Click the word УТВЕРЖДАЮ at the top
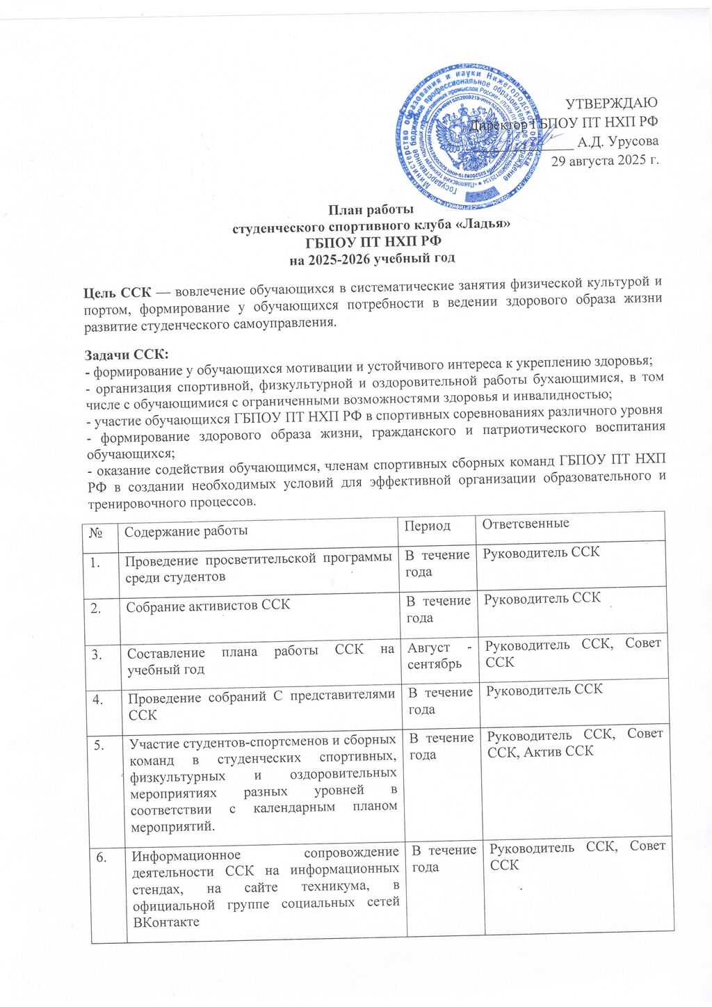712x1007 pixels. click(611, 104)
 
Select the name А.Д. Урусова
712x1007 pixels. click(618, 141)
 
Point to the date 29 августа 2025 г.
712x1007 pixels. click(605, 161)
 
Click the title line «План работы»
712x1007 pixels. click(371, 209)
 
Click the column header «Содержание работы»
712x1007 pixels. click(185, 531)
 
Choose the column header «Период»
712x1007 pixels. click(428, 526)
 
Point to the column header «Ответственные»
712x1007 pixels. click(526, 524)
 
